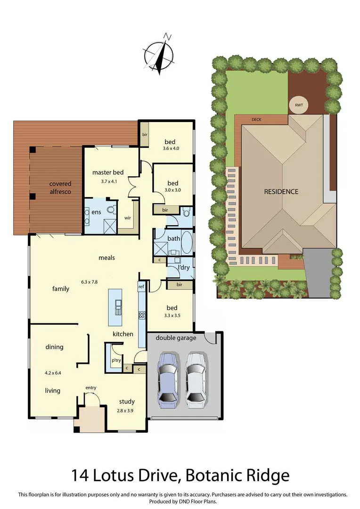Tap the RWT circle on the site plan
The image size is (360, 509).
[298, 106]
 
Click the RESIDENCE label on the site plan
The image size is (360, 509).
[281, 191]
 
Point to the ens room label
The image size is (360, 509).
[96, 212]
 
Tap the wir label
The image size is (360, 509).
[127, 218]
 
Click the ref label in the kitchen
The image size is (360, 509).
[141, 286]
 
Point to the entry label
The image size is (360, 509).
[91, 387]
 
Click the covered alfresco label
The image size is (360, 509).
[60, 188]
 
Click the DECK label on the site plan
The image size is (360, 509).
[256, 119]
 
